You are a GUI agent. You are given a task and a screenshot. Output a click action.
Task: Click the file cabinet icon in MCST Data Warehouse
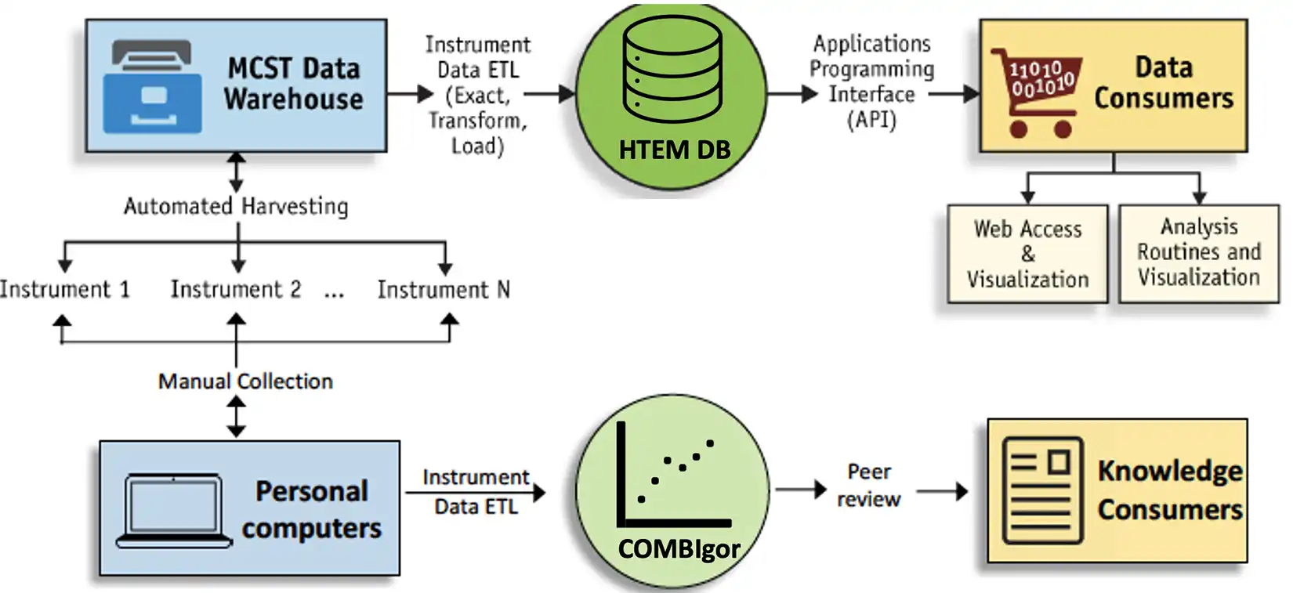(x=153, y=86)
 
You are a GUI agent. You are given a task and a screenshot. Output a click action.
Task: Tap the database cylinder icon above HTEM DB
(x=672, y=69)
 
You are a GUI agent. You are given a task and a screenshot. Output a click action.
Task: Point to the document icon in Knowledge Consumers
(x=1042, y=490)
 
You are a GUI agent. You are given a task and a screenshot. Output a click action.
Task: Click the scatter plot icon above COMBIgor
(x=672, y=475)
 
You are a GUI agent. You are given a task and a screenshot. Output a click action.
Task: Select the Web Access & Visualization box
(x=1027, y=254)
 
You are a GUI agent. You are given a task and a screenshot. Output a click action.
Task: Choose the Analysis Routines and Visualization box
(x=1198, y=252)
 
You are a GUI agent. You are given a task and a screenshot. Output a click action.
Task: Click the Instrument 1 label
(x=64, y=290)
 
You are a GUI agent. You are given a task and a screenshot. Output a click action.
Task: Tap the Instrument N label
(x=444, y=290)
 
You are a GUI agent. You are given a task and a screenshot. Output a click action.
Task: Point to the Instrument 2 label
(x=235, y=290)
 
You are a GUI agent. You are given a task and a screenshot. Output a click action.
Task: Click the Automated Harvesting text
(x=236, y=206)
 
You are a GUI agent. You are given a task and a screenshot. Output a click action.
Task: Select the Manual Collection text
(x=245, y=381)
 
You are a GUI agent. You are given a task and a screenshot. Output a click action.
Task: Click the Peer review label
(x=868, y=485)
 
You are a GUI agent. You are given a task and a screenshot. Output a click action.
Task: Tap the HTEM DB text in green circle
(x=674, y=150)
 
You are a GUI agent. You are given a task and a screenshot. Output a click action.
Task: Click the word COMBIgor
(x=679, y=549)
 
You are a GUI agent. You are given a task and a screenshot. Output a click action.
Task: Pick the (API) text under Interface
(x=871, y=120)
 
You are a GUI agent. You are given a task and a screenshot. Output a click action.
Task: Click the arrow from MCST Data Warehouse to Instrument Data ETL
(x=410, y=94)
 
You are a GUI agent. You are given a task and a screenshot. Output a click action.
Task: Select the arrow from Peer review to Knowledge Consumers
(x=942, y=491)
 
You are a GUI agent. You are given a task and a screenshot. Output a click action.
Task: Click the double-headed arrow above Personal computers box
(x=236, y=416)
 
